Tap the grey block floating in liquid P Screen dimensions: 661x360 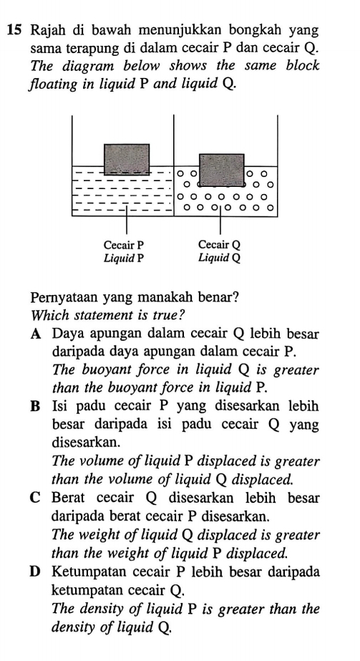[127, 159]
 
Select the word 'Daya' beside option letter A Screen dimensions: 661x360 [69, 333]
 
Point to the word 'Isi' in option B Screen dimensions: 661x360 [60, 407]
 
